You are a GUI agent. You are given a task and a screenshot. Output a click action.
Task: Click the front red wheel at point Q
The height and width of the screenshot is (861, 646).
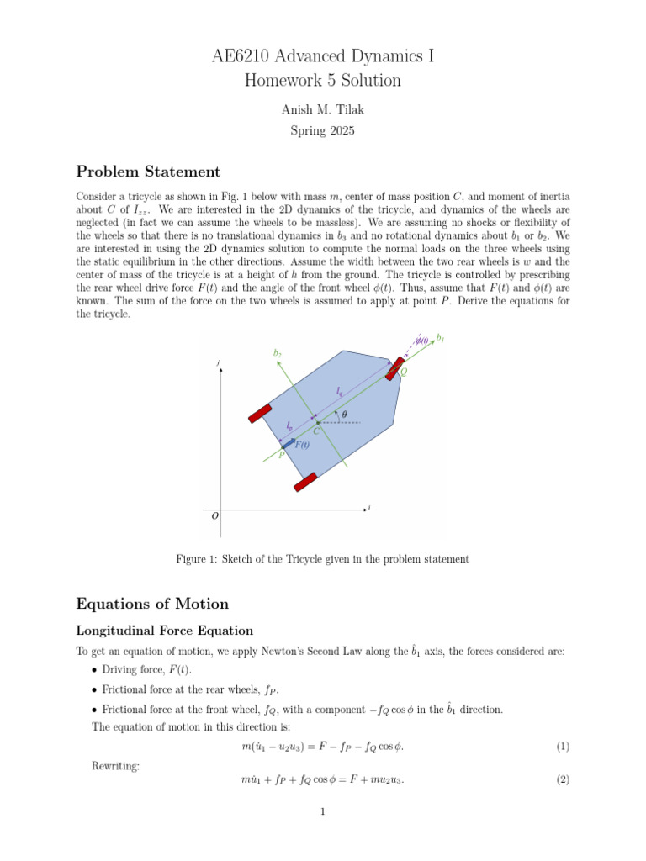[x=394, y=369]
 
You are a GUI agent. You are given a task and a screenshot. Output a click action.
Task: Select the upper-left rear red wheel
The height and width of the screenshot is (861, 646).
[x=260, y=413]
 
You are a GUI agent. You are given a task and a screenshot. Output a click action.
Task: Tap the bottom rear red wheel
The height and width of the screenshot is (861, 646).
[x=305, y=482]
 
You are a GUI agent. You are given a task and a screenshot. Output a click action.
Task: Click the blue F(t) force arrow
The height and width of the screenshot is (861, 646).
[x=288, y=442]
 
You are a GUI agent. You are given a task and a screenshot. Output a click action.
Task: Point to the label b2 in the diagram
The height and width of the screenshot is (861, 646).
[x=278, y=354]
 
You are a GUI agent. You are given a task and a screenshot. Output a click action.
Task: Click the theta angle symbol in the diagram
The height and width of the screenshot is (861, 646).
[x=344, y=414]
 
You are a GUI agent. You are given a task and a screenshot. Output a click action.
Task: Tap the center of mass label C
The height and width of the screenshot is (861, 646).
[x=315, y=431]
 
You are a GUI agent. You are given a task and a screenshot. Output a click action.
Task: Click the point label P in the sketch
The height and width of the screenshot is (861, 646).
[x=281, y=454]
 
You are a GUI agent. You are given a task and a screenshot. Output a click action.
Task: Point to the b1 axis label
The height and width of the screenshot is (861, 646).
[x=441, y=339]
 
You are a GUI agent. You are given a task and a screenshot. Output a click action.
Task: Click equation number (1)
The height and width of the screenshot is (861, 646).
[x=563, y=747]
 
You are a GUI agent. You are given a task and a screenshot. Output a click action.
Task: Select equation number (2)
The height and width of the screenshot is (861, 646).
[x=563, y=780]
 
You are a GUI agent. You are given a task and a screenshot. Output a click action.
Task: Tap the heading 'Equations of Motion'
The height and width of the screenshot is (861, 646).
[x=151, y=604]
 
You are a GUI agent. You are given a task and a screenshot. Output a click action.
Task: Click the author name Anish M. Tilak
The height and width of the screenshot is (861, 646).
[x=322, y=111]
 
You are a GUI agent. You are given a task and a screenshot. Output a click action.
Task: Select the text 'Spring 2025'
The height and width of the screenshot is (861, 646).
[x=322, y=131]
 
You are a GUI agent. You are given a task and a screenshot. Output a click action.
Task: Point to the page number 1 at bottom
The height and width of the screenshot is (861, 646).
[x=323, y=812]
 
